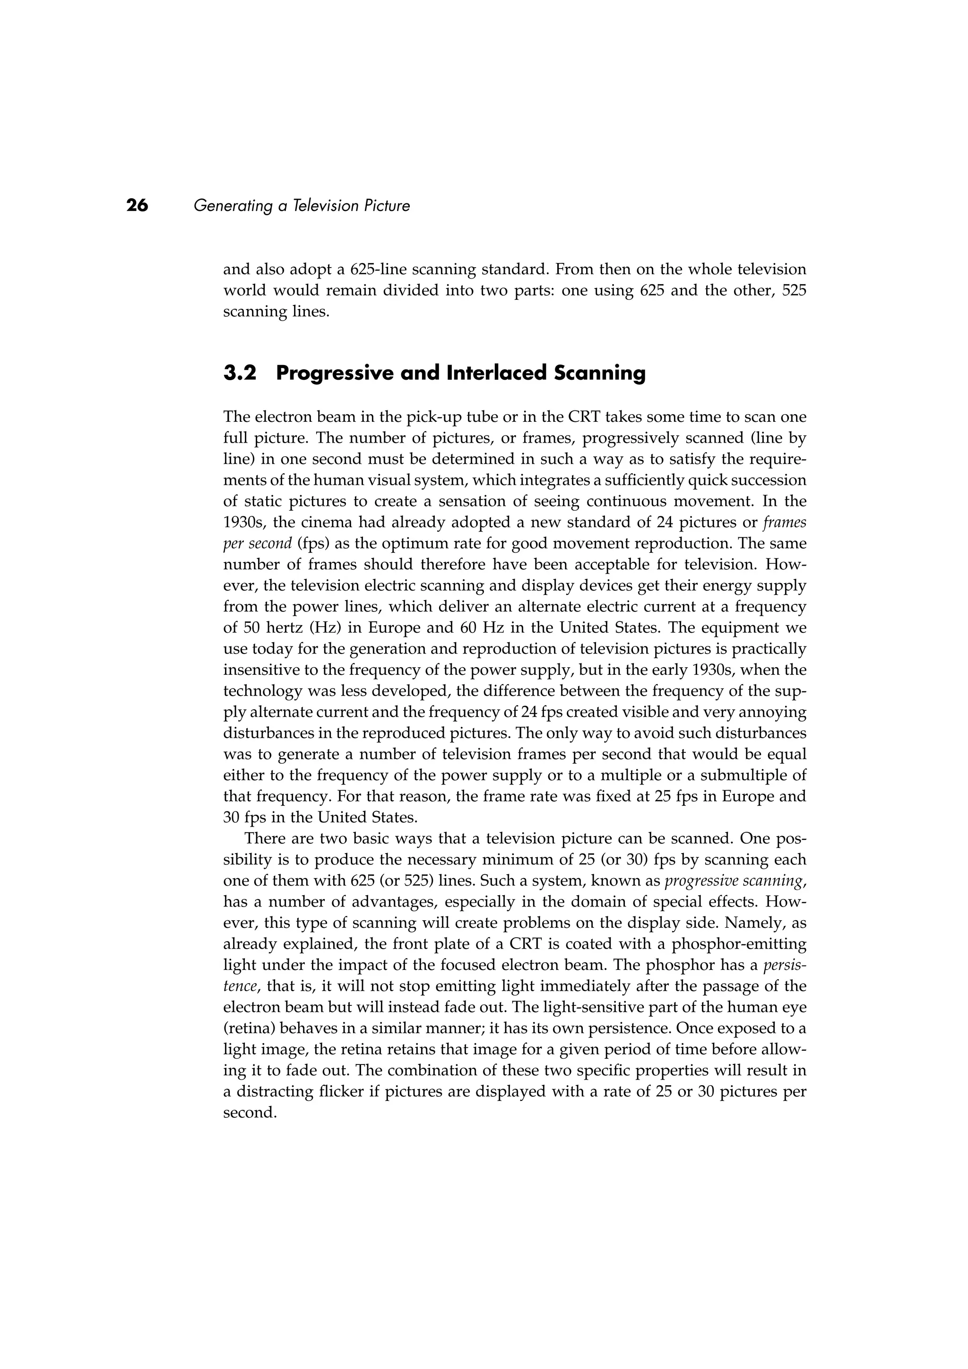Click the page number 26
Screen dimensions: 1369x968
click(x=137, y=206)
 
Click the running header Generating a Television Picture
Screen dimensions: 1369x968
click(x=302, y=206)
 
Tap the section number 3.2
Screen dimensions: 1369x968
click(x=240, y=373)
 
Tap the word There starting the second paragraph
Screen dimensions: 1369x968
click(x=265, y=839)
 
